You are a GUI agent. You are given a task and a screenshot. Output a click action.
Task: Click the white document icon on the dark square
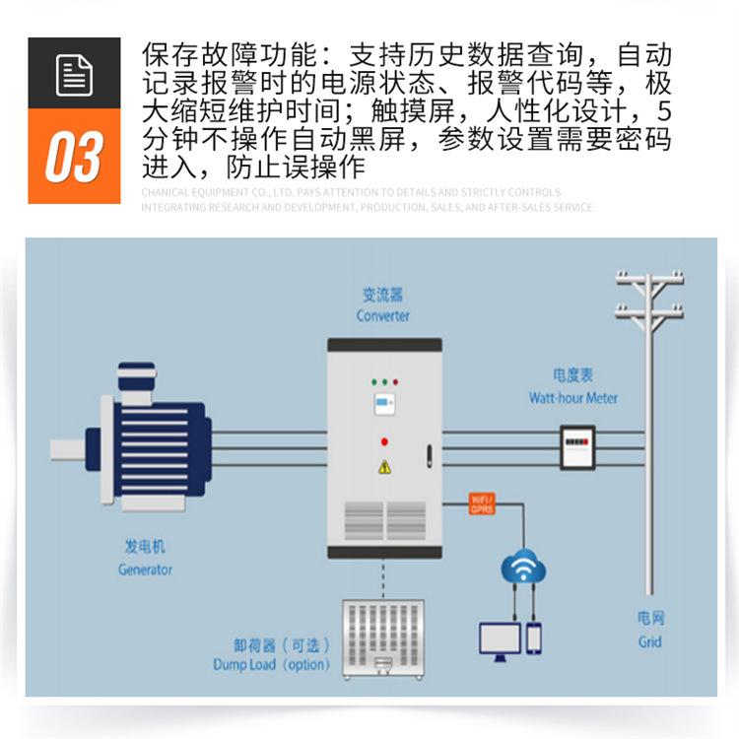(x=74, y=75)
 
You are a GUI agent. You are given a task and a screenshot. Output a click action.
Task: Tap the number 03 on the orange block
(x=74, y=158)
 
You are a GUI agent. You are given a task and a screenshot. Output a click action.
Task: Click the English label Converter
(x=383, y=316)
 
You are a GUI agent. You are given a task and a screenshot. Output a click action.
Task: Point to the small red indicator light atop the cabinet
(x=395, y=380)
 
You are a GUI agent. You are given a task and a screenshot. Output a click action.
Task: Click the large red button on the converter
(x=384, y=441)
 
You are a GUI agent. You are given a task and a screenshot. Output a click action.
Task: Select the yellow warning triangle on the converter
(x=384, y=467)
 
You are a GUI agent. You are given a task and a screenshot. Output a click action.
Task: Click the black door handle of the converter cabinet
(x=429, y=456)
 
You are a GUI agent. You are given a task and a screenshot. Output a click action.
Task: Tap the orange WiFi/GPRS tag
(x=481, y=505)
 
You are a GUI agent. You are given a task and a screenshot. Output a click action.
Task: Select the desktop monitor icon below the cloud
(x=500, y=639)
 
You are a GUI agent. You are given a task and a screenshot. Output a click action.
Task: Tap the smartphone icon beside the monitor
(x=534, y=638)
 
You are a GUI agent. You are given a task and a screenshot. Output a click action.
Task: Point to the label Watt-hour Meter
(x=572, y=398)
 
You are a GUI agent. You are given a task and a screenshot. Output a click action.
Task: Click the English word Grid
(x=649, y=642)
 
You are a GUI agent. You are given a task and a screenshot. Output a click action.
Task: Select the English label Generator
(x=145, y=570)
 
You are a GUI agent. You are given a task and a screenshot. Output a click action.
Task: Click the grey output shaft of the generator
(x=68, y=449)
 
